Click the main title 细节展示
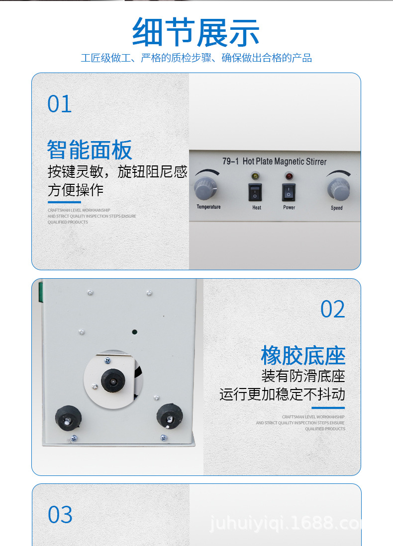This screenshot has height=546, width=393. (x=196, y=33)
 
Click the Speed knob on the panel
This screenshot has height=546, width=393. (x=338, y=189)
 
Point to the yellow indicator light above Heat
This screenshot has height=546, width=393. (x=256, y=176)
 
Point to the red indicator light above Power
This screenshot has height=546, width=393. (x=289, y=176)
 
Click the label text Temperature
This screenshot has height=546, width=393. (x=208, y=207)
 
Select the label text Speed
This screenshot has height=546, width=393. (x=337, y=208)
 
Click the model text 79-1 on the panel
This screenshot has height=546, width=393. (x=231, y=161)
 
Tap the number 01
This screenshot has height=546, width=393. (x=60, y=104)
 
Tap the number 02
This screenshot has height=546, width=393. (x=332, y=310)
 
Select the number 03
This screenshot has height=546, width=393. (x=60, y=515)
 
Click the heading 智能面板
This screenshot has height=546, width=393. (x=90, y=150)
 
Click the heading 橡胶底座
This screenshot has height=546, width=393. (x=302, y=356)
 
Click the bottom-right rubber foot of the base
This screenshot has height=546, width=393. (x=170, y=416)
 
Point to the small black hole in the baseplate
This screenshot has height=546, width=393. (x=134, y=331)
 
